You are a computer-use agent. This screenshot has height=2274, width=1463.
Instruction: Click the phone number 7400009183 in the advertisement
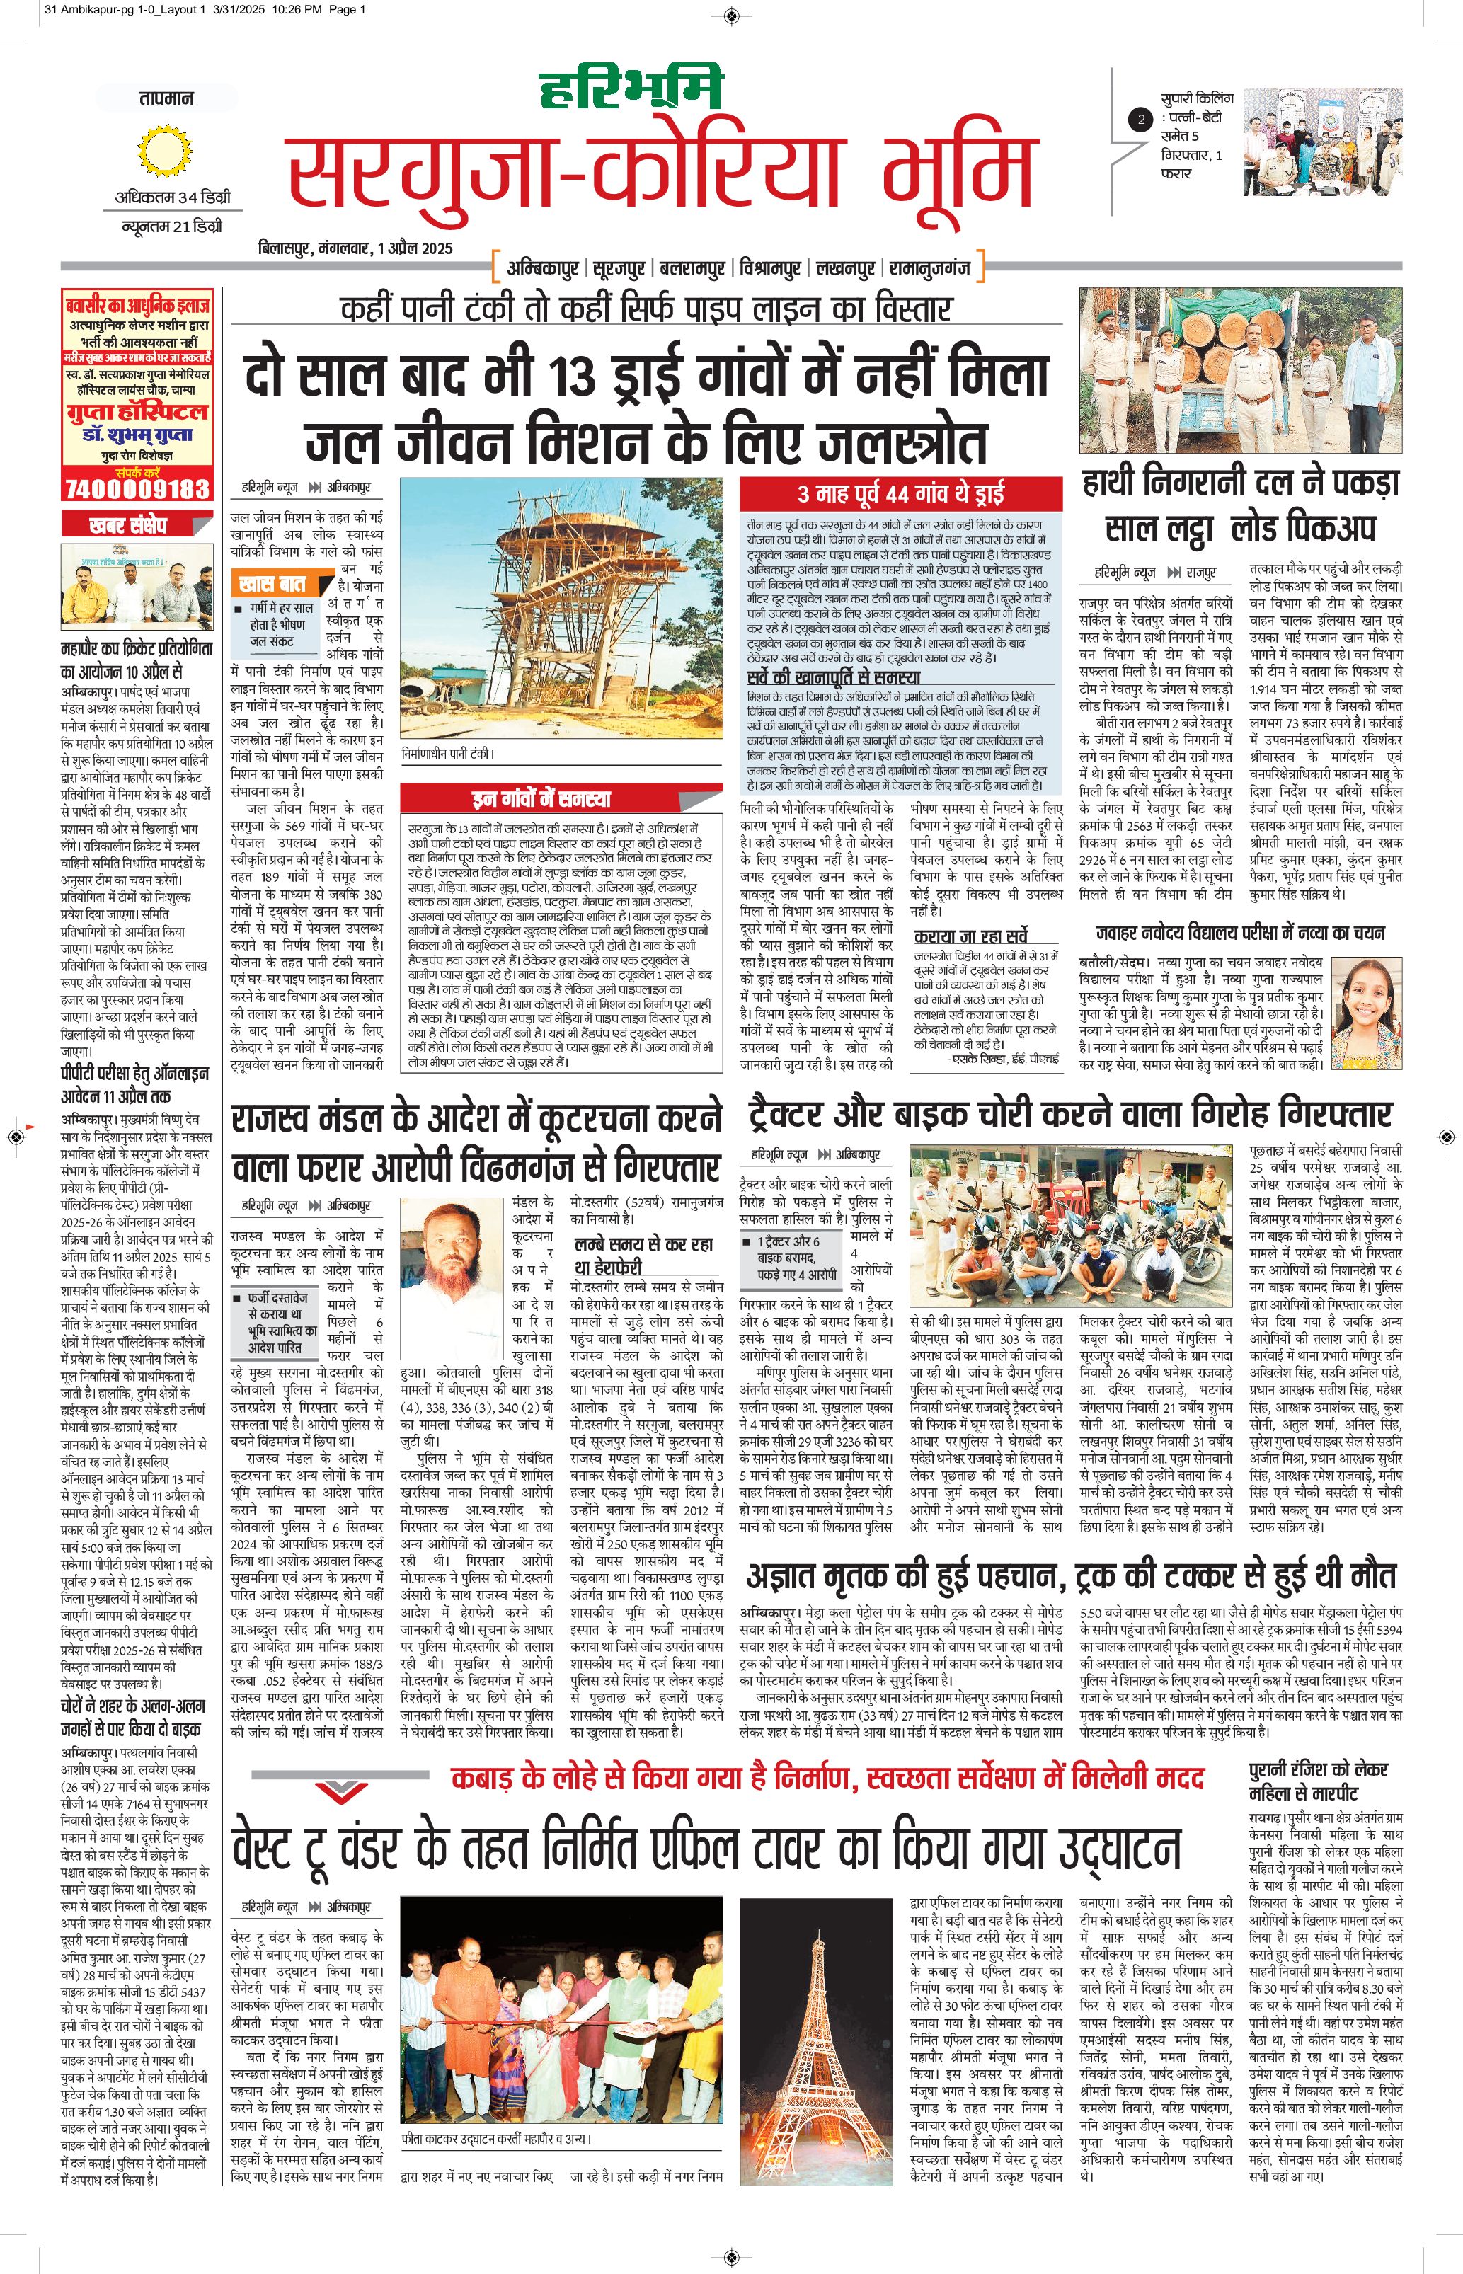(136, 488)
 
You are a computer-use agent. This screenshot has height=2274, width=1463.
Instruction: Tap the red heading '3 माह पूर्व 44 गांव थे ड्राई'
(900, 493)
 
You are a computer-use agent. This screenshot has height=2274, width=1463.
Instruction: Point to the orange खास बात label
(272, 581)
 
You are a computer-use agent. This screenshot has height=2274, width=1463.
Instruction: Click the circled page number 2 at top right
(1140, 120)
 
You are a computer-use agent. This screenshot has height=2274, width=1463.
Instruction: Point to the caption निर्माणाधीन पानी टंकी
(449, 753)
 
